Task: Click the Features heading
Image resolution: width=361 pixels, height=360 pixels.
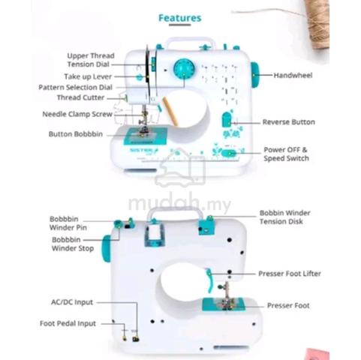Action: tap(180, 18)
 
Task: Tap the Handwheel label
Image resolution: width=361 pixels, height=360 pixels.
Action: tap(293, 75)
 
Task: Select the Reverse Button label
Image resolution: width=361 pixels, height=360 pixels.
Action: tap(289, 122)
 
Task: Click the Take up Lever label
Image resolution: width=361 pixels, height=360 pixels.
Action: tap(88, 76)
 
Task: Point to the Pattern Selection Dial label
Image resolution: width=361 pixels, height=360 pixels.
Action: tap(75, 87)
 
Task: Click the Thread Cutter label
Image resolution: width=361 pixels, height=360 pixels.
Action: tap(80, 97)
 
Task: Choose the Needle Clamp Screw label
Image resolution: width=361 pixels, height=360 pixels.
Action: tap(77, 114)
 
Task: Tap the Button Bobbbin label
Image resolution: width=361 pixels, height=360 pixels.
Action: tap(76, 134)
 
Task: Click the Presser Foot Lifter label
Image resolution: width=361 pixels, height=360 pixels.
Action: tap(290, 274)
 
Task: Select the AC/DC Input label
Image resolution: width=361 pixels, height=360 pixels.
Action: tap(72, 302)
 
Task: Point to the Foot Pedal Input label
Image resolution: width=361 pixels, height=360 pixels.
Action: tap(68, 323)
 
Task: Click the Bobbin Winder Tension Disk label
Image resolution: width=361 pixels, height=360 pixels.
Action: tap(284, 217)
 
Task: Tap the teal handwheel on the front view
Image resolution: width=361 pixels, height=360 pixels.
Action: tap(254, 75)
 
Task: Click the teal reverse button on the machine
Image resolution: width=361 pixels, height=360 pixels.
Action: tap(227, 119)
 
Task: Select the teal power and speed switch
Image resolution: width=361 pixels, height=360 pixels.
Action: tap(229, 153)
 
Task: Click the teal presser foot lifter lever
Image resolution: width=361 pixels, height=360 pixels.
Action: tap(209, 280)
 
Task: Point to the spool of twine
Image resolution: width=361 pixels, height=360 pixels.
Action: tap(317, 24)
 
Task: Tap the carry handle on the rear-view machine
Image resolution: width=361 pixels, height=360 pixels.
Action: tap(174, 213)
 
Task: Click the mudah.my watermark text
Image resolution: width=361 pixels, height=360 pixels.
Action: tap(179, 203)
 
